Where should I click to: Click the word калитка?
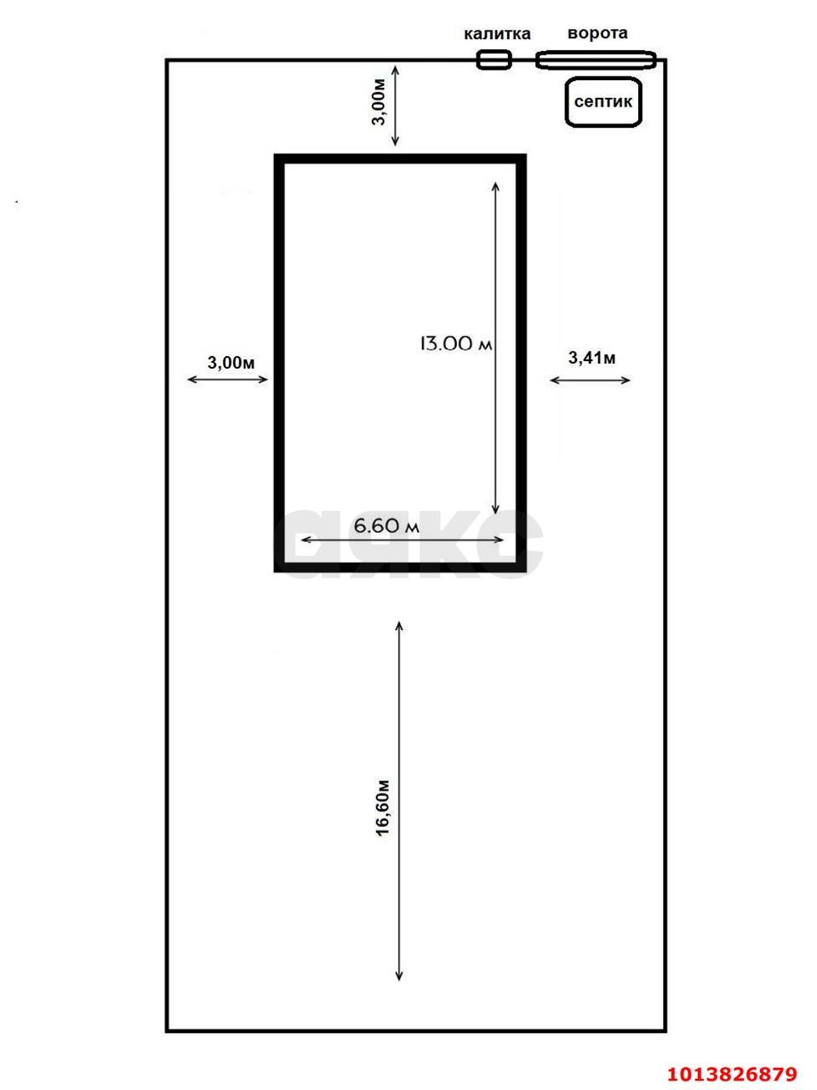click(x=497, y=34)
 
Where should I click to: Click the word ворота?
click(x=597, y=33)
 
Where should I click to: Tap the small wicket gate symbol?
click(x=494, y=60)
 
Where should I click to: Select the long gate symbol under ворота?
click(x=596, y=60)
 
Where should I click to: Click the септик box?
click(x=603, y=102)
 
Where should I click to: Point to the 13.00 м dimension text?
click(x=455, y=344)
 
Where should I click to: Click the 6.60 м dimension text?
click(x=386, y=526)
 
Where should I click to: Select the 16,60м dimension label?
click(x=383, y=807)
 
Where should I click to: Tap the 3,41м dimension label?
click(x=591, y=358)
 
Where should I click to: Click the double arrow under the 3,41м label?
click(x=591, y=380)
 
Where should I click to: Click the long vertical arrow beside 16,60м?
click(x=399, y=800)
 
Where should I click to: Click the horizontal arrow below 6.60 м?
click(x=403, y=540)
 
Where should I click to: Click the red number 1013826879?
click(x=731, y=1074)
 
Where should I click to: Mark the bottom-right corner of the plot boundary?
click(x=665, y=1030)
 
